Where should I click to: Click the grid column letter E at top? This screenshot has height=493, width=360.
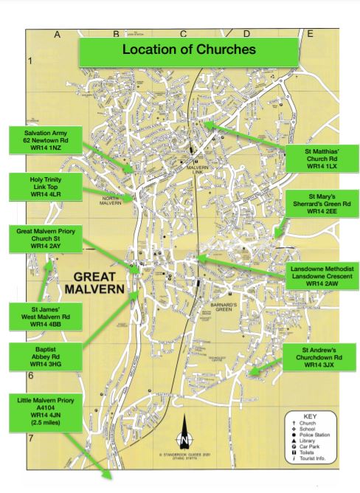pos(310,34)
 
